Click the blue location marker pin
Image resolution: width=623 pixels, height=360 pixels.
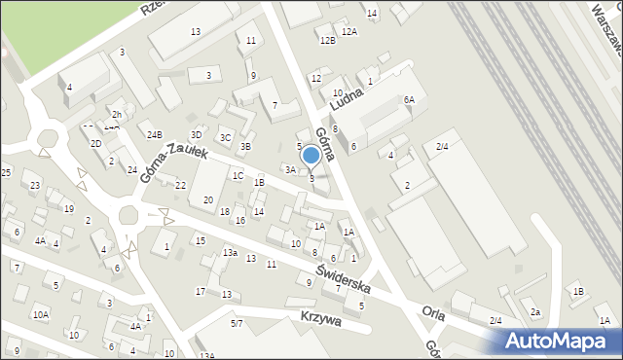click(x=311, y=156)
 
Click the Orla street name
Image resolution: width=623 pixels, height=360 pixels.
click(x=433, y=312)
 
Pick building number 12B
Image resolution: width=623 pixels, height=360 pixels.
click(x=327, y=40)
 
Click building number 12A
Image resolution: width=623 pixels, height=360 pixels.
click(x=349, y=32)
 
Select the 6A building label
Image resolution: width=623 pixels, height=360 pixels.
click(x=410, y=99)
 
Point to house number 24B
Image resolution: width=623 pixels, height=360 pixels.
click(x=154, y=134)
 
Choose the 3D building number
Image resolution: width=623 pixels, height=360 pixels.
click(x=196, y=134)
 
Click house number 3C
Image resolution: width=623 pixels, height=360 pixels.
click(x=225, y=137)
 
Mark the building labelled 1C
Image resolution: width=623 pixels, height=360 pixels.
click(x=238, y=175)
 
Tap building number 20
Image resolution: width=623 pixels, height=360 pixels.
click(x=207, y=199)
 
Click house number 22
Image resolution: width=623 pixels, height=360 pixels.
click(x=180, y=185)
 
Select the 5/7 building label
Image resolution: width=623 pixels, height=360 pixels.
click(x=237, y=323)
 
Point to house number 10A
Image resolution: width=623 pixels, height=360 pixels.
click(x=40, y=314)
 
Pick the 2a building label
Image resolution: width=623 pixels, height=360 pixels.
click(x=535, y=312)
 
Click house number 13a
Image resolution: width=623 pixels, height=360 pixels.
click(x=229, y=253)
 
